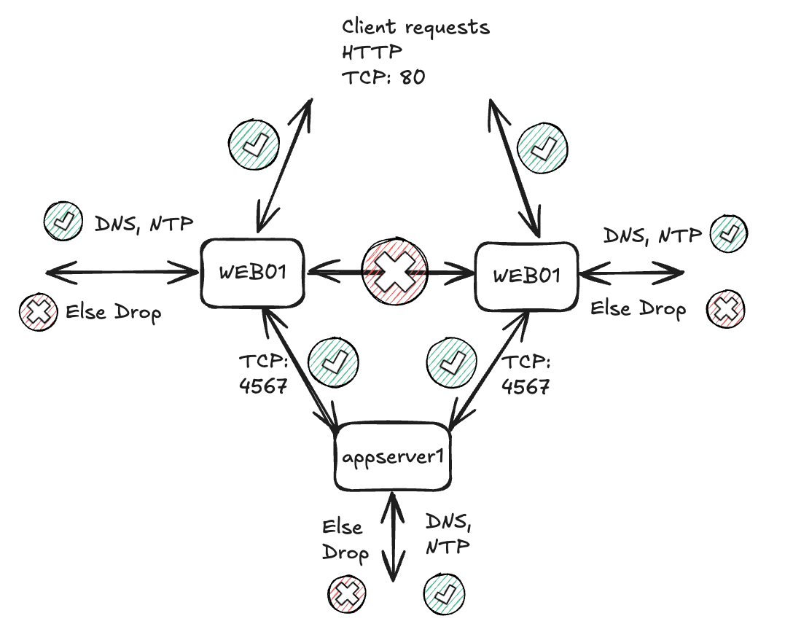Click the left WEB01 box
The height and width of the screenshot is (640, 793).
pyautogui.click(x=254, y=273)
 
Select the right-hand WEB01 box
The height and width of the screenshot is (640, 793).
pyautogui.click(x=526, y=276)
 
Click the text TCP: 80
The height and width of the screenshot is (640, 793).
pyautogui.click(x=383, y=77)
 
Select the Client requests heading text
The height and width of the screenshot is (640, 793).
pyautogui.click(x=415, y=28)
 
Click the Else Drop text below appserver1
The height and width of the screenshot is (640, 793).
pyautogui.click(x=345, y=540)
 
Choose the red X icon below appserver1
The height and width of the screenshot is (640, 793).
pyautogui.click(x=347, y=593)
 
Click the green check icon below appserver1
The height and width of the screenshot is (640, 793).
pyautogui.click(x=444, y=592)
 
